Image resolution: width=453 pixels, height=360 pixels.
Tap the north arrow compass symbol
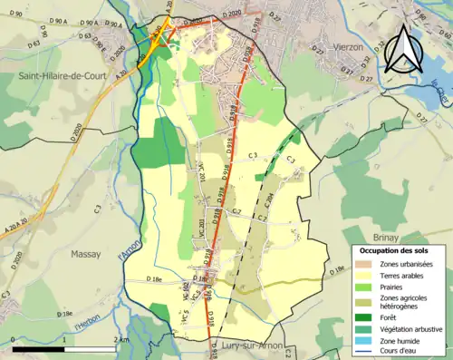[x=406, y=44]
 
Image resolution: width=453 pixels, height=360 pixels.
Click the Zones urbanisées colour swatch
[x=365, y=264]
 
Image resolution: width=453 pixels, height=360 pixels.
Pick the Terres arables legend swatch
[x=365, y=276]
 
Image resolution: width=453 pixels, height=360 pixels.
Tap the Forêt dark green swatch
[x=365, y=317]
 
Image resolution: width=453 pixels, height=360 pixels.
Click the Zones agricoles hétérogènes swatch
[x=365, y=303]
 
